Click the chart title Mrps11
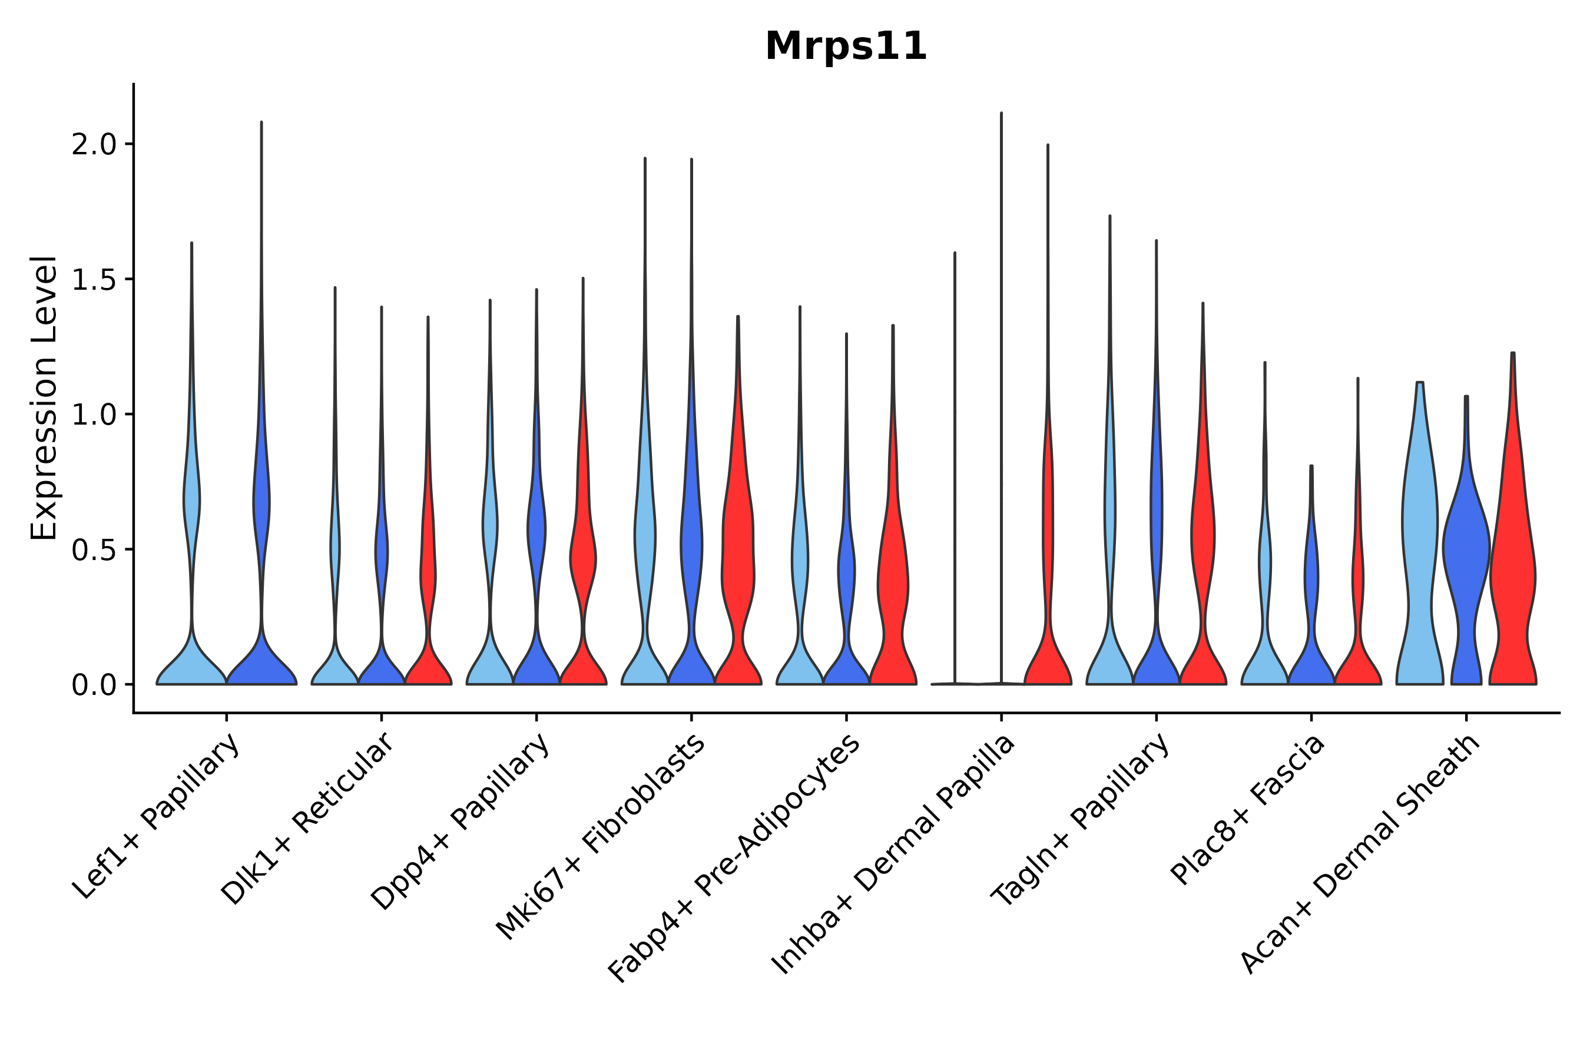[x=846, y=47]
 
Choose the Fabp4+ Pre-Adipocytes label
[x=734, y=859]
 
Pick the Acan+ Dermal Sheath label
[x=1360, y=854]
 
